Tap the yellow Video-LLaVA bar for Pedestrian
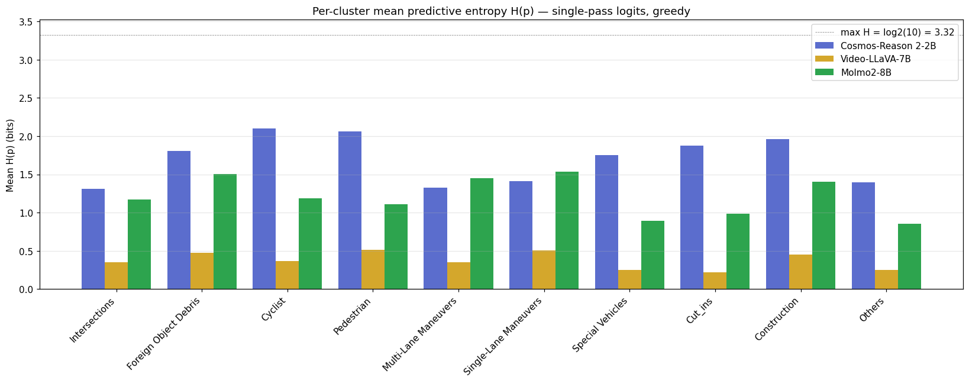(x=373, y=269)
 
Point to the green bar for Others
(x=909, y=256)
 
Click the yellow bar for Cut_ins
(x=715, y=281)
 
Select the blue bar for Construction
(x=777, y=214)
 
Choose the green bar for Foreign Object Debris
(x=225, y=231)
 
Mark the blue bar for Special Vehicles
(x=606, y=222)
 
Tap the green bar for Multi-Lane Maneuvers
(x=482, y=233)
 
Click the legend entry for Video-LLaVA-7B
(x=876, y=59)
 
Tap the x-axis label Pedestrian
(x=353, y=316)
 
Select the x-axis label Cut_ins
(x=699, y=311)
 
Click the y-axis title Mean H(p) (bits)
(x=10, y=155)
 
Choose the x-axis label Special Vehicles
(x=600, y=324)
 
